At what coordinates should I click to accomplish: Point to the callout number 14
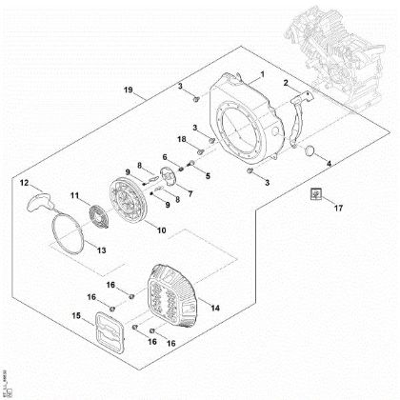215,308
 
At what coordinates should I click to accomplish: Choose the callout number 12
26,181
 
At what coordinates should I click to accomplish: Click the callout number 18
181,139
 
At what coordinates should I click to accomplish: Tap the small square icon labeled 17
311,196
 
